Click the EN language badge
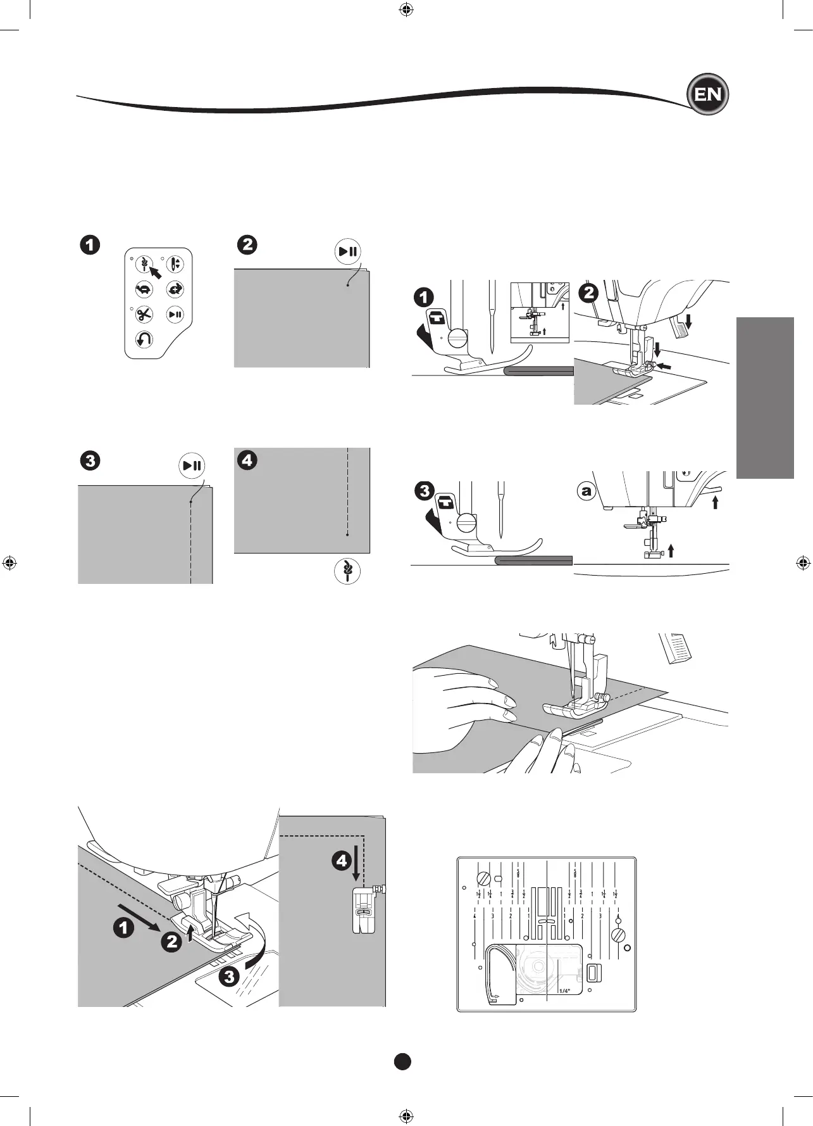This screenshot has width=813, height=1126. click(x=707, y=95)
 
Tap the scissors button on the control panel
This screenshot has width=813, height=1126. click(x=144, y=314)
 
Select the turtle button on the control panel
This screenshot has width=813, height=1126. click(x=144, y=289)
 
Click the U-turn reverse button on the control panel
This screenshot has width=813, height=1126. click(x=144, y=340)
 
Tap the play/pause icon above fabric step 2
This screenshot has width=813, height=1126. click(x=347, y=251)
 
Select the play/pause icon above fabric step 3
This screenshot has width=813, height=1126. click(x=191, y=466)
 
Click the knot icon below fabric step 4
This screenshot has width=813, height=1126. click(x=347, y=571)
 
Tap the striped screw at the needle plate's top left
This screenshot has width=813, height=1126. click(x=484, y=878)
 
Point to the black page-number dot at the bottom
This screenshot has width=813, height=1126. click(x=402, y=1061)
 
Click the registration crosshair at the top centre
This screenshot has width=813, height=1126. click(x=407, y=9)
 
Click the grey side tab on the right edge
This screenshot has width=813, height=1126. click(x=765, y=398)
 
